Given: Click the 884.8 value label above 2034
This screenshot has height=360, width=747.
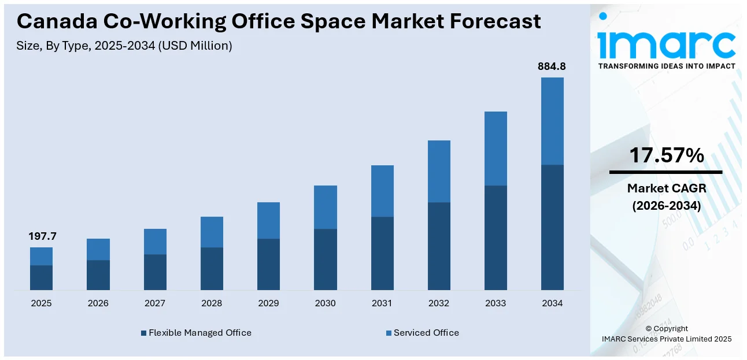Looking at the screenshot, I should click(x=552, y=66).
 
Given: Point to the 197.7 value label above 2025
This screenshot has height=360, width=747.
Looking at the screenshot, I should click(x=42, y=236).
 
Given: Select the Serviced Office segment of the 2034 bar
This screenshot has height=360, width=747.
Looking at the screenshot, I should click(x=552, y=121).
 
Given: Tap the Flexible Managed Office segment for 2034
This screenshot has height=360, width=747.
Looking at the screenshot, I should click(x=552, y=227).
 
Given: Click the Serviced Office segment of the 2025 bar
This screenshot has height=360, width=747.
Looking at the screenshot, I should click(x=42, y=256).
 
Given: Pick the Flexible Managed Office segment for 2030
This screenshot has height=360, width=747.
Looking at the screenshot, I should click(x=325, y=259).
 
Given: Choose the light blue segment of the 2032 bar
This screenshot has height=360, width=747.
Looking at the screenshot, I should click(x=439, y=171).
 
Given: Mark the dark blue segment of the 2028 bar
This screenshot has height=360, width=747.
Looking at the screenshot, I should click(x=212, y=268).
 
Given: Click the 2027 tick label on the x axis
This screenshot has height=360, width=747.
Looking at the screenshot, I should click(x=155, y=303).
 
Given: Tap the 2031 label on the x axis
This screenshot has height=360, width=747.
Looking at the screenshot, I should click(x=382, y=303).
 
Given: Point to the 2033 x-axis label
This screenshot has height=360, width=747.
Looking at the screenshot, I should click(x=495, y=303).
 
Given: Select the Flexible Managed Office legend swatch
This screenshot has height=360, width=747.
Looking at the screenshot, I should click(x=144, y=333).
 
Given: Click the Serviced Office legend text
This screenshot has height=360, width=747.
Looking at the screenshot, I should click(x=426, y=333).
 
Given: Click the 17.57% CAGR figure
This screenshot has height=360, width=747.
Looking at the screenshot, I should click(x=666, y=155).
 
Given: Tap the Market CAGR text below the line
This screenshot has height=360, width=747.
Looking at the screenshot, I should click(x=666, y=188).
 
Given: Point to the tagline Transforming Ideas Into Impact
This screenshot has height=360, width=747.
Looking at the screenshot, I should click(x=666, y=66).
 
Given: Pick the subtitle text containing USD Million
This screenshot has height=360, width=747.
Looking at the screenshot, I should click(x=124, y=46).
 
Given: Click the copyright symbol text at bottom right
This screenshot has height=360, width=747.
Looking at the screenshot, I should click(x=666, y=328).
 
